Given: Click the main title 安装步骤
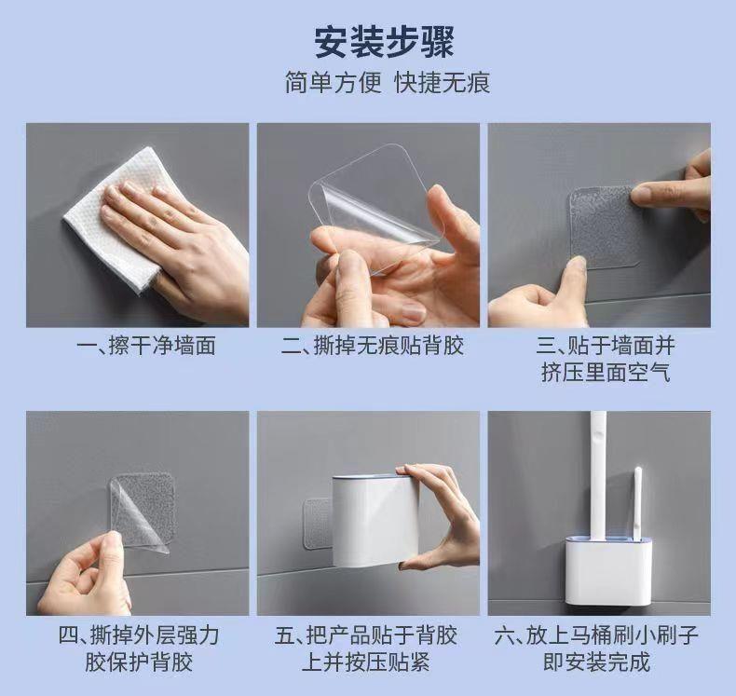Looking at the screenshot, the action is [384, 42].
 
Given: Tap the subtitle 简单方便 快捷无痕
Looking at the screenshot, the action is [388, 83].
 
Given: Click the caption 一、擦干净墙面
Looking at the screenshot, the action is [146, 347].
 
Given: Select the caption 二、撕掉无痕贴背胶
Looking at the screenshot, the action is [373, 347].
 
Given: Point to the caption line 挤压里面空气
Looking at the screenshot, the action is [606, 373].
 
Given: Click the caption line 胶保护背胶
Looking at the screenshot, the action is [139, 662].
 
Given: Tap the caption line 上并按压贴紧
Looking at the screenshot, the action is [365, 662].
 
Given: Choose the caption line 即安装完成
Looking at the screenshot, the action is [596, 662].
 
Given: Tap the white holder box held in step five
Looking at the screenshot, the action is [375, 521].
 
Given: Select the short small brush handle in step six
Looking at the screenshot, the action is [638, 502].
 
